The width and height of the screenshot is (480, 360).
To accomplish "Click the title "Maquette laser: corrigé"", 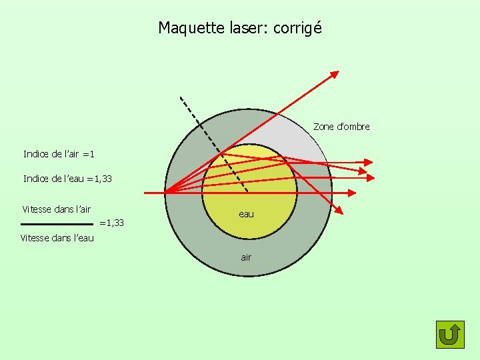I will tap(240, 28).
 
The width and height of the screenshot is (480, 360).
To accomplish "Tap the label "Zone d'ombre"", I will tap(341, 127).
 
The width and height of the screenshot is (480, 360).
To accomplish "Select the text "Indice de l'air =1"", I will tap(59, 154).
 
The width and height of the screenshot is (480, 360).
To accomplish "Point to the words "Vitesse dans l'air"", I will tap(57, 209).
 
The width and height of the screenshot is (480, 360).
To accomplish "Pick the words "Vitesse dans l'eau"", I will tap(57, 238).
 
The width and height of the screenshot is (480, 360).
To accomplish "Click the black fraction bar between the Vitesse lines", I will tap(57, 224).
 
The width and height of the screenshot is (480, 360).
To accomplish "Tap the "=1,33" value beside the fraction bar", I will tap(111, 223).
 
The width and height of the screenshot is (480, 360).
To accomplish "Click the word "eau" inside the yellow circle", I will tap(247, 214).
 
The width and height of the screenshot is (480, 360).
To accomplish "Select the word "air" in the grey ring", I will tap(246, 257).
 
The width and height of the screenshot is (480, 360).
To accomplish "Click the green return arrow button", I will tap(450, 334).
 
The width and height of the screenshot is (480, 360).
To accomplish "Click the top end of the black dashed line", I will tap(180, 98).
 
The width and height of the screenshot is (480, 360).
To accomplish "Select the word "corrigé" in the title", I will tap(298, 28).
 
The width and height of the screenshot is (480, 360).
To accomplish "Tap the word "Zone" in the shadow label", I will tap(324, 127).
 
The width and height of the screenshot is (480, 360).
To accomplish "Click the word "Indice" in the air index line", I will tap(37, 154).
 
